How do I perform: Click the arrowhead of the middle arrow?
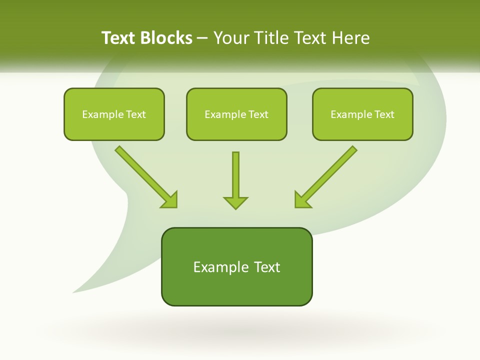(235, 202)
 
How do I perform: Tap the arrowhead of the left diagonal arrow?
(170, 200)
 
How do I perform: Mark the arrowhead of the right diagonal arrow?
(302, 200)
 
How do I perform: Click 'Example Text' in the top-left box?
(114, 114)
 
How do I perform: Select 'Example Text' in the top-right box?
(362, 114)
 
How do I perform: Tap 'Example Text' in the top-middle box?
(236, 114)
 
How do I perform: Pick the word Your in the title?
(230, 38)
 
